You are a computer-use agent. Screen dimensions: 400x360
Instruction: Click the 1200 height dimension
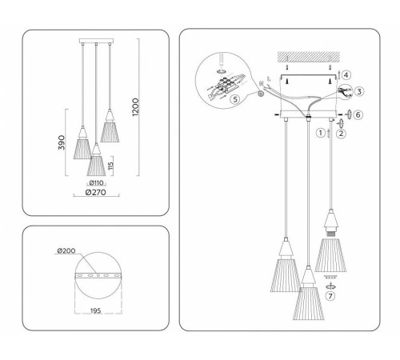(x=135, y=107)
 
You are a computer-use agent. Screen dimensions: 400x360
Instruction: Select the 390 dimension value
(x=62, y=142)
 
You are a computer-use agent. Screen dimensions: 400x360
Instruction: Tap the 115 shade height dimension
(x=111, y=166)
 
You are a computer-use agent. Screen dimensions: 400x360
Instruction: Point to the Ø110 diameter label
(x=96, y=183)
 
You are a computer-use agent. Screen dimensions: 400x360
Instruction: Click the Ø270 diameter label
(x=96, y=192)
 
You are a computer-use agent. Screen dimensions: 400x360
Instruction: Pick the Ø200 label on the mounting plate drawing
(x=66, y=250)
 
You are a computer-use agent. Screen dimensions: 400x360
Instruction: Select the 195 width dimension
(x=95, y=310)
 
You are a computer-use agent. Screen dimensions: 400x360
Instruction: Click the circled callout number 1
(x=321, y=133)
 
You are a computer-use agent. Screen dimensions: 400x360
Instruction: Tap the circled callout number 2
(x=341, y=133)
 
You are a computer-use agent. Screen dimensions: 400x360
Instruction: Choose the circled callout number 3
(x=359, y=91)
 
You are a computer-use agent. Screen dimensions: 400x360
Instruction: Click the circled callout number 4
(x=346, y=75)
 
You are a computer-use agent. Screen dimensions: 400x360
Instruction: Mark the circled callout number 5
(x=235, y=99)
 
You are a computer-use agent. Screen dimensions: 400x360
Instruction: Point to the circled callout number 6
(x=358, y=114)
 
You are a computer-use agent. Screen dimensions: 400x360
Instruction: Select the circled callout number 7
(x=330, y=296)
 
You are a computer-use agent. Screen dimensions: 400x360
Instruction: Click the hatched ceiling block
(x=309, y=57)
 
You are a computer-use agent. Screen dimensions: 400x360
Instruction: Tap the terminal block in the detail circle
(x=226, y=84)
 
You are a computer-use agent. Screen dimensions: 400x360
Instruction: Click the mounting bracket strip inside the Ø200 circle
(x=98, y=275)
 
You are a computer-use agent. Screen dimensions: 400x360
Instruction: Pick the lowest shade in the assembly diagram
(x=309, y=303)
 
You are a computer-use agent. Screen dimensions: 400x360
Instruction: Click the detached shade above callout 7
(x=330, y=255)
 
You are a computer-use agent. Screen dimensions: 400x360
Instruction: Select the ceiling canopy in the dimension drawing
(x=97, y=41)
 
